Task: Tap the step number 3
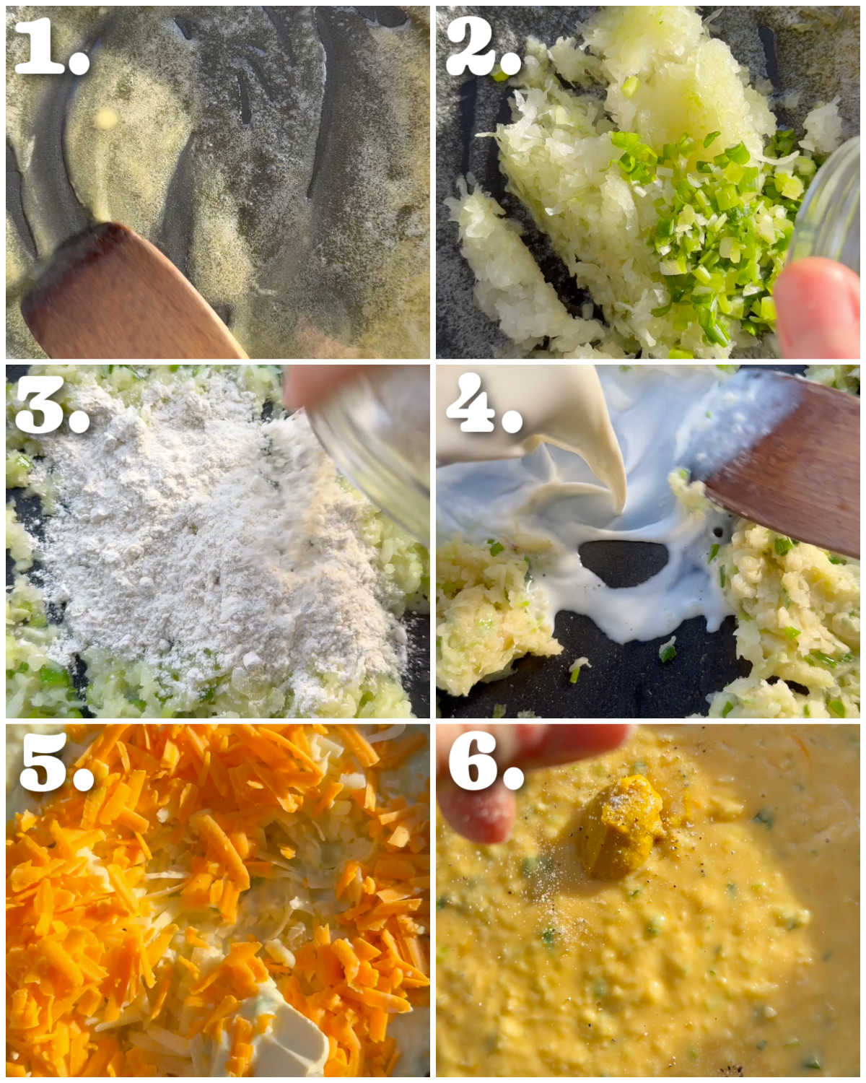[x=53, y=404]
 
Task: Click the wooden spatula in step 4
[x=782, y=466]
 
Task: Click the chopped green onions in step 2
[x=714, y=222]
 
